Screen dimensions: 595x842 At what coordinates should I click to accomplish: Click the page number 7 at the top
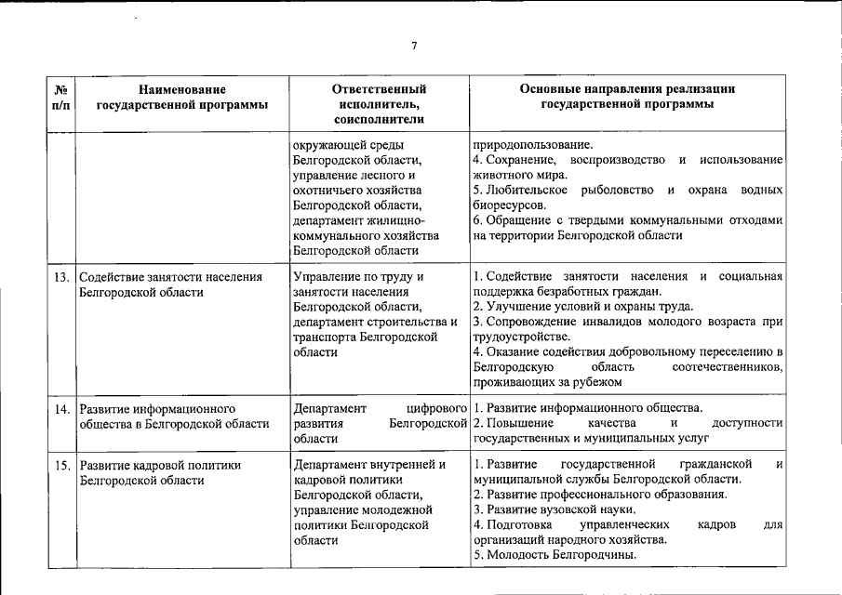coord(414,46)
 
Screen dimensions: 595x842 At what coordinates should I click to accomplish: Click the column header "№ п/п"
coord(61,97)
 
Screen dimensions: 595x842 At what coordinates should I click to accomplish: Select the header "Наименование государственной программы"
coord(182,97)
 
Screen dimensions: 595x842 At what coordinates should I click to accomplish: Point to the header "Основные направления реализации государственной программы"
coord(627,97)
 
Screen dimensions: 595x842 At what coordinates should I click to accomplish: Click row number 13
coord(62,277)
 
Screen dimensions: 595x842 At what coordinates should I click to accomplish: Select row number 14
coord(62,408)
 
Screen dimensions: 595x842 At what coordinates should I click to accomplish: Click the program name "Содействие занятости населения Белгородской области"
coord(170,284)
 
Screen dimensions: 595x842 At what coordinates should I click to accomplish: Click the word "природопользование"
coord(531,145)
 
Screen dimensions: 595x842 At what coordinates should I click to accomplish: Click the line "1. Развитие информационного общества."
coord(587,408)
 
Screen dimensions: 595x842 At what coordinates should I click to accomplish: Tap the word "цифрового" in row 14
coord(437,408)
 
